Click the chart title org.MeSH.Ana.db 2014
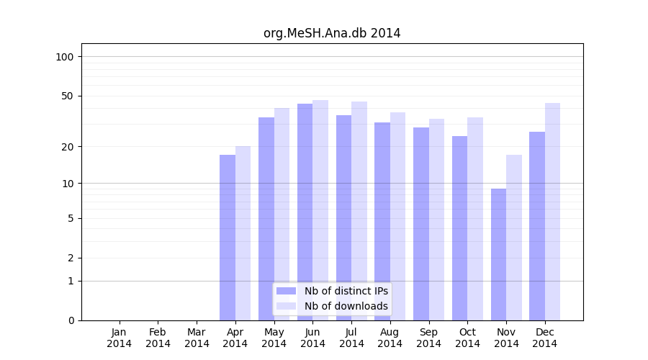click(x=331, y=33)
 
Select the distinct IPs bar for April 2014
click(x=228, y=238)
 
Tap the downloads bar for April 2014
click(x=243, y=233)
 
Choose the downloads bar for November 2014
click(x=514, y=238)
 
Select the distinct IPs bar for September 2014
click(x=421, y=224)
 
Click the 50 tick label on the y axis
click(x=68, y=96)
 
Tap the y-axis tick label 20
click(x=68, y=147)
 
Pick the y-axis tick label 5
click(x=71, y=218)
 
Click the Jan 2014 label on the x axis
click(x=120, y=338)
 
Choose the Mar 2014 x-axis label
click(x=197, y=338)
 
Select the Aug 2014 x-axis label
click(x=390, y=338)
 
